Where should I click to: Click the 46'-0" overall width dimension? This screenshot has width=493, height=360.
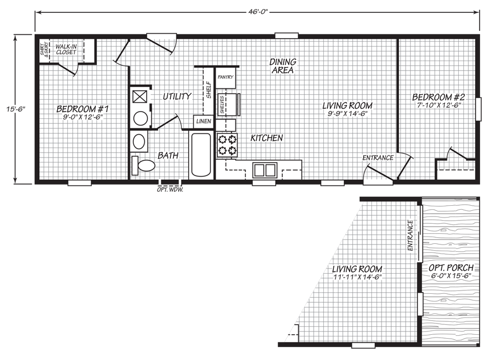click(258, 12)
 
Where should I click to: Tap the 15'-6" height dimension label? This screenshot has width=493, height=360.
click(15, 109)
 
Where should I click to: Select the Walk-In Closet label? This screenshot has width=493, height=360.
click(66, 49)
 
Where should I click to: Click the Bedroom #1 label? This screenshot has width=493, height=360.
click(82, 109)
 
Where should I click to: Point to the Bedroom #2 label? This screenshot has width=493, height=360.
click(438, 97)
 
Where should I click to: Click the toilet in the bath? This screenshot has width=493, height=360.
click(143, 165)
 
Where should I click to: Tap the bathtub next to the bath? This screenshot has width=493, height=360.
click(201, 155)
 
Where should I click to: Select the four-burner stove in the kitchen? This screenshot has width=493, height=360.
click(227, 145)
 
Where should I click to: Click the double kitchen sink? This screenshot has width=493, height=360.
click(265, 170)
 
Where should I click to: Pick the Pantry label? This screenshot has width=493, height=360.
click(225, 77)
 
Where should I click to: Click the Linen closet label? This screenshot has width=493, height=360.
click(203, 121)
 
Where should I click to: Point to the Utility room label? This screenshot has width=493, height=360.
click(177, 96)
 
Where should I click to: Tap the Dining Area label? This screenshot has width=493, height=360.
click(283, 66)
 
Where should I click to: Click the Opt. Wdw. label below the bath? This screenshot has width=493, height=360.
click(170, 190)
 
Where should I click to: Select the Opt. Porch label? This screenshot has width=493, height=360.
click(451, 268)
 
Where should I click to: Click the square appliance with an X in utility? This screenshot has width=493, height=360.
click(139, 96)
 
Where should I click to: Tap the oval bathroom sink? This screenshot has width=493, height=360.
click(139, 142)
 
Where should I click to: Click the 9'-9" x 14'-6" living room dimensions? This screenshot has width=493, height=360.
click(347, 114)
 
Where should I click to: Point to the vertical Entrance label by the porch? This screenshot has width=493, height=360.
click(410, 236)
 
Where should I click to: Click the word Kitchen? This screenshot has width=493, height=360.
click(267, 138)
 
